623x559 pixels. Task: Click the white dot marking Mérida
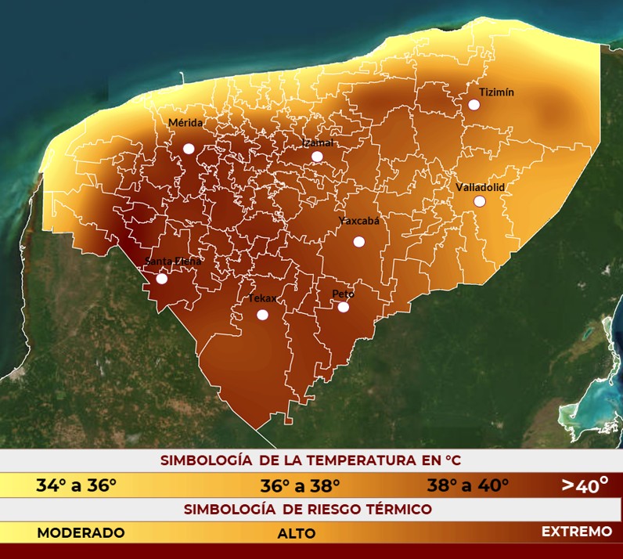(189, 149)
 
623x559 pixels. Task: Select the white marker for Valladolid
(480, 201)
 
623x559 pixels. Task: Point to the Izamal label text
(318, 143)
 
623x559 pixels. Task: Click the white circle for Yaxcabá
(359, 241)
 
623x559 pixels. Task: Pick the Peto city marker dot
(344, 307)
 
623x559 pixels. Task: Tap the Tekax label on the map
(262, 298)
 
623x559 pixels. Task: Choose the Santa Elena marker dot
(162, 278)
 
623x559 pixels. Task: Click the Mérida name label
(185, 123)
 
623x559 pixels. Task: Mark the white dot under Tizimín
(474, 105)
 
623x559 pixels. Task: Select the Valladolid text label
(481, 187)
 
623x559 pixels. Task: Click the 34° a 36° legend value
(76, 485)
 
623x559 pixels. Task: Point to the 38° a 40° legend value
(468, 485)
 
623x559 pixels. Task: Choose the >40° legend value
(585, 485)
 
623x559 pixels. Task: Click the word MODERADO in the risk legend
(81, 533)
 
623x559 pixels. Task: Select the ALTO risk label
(297, 534)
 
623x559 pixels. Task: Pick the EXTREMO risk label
(577, 532)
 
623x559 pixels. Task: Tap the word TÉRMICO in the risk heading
(397, 510)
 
